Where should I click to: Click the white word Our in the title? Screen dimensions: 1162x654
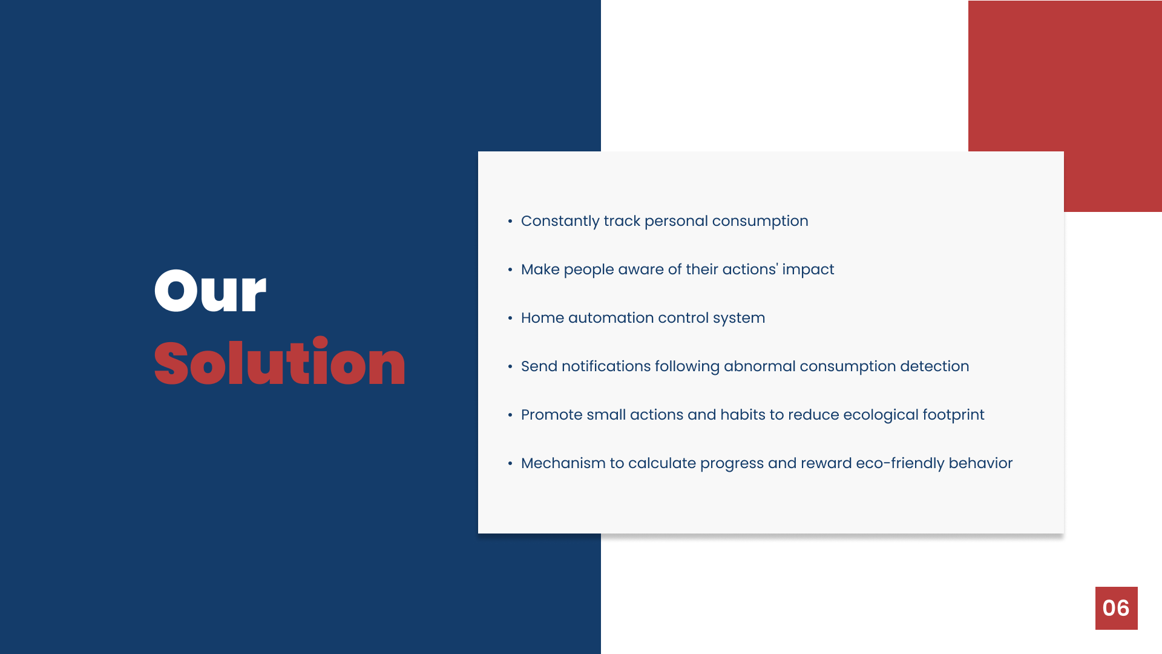pyautogui.click(x=210, y=291)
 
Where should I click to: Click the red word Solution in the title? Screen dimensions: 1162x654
pyautogui.click(x=280, y=362)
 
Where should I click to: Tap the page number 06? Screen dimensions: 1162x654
pyautogui.click(x=1116, y=608)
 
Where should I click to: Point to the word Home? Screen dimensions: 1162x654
pyautogui.click(x=542, y=318)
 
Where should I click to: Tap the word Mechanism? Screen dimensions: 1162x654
pyautogui.click(x=563, y=463)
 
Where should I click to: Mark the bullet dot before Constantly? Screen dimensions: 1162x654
pyautogui.click(x=510, y=221)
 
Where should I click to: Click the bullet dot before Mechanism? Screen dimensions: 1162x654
pyautogui.click(x=510, y=463)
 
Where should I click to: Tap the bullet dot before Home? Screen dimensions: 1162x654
pyautogui.click(x=510, y=318)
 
